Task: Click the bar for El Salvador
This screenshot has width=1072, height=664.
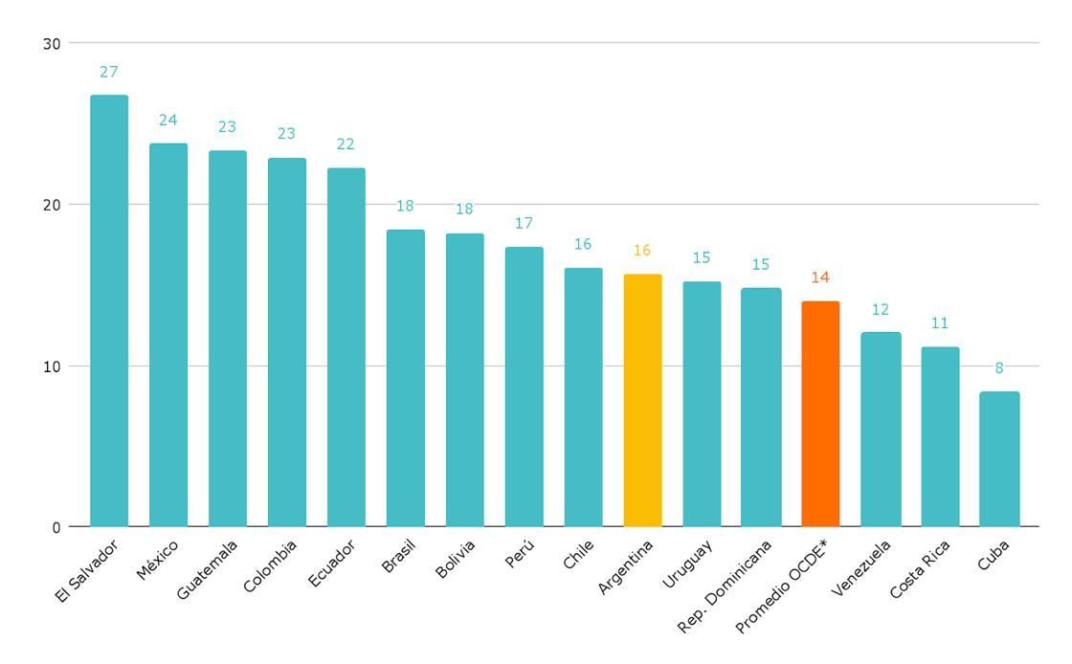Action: click(109, 311)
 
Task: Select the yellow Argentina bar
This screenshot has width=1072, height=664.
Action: click(642, 400)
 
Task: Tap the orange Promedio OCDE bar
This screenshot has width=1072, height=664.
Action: click(820, 413)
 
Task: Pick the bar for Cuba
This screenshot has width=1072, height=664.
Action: click(999, 458)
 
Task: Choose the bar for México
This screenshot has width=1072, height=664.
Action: click(168, 335)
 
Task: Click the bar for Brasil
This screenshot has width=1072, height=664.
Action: click(405, 378)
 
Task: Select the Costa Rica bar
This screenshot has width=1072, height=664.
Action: click(940, 436)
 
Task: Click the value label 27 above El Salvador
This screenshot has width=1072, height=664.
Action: click(109, 72)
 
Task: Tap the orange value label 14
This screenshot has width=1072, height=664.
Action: click(820, 277)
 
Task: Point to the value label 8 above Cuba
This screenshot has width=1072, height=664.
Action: click(999, 368)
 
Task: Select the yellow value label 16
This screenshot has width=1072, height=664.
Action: click(642, 251)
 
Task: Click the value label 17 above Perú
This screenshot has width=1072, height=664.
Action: click(524, 224)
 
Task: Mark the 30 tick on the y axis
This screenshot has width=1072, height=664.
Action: click(52, 43)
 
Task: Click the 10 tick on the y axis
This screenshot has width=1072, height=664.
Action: click(52, 366)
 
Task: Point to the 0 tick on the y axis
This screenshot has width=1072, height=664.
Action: click(56, 527)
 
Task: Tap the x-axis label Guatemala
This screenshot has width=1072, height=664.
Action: click(207, 570)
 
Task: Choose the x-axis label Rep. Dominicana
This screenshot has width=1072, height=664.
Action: click(725, 587)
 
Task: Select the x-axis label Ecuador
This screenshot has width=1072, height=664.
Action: click(332, 564)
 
